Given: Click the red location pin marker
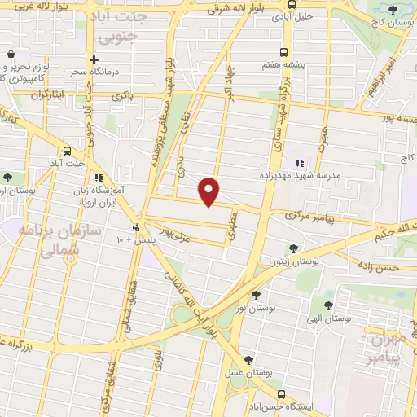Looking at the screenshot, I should point(209,191).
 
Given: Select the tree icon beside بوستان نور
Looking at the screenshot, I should point(257,295).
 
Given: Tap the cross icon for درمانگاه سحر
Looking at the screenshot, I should point(94,59).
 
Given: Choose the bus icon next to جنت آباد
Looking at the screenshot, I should point(67,150).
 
